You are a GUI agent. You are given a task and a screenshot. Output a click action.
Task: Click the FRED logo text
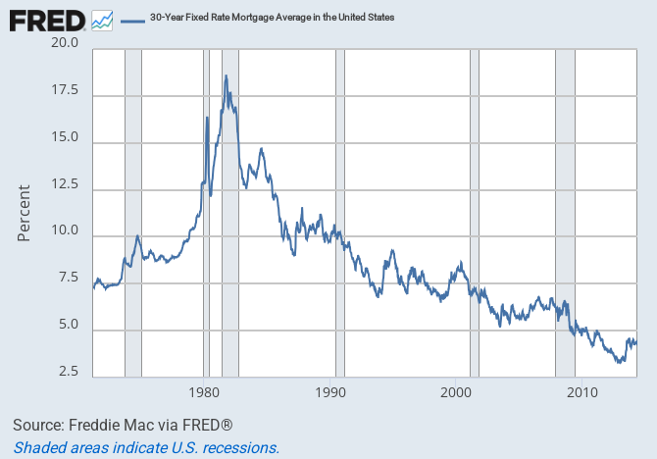click(46, 19)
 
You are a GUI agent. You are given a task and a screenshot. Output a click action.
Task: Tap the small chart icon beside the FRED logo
click(102, 19)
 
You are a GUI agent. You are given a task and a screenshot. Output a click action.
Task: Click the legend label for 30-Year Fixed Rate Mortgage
click(257, 18)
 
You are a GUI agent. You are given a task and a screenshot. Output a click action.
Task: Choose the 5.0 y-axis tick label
click(68, 331)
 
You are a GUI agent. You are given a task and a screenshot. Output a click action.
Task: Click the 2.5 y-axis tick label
click(68, 372)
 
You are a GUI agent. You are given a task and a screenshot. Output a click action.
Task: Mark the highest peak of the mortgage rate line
click(226, 76)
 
